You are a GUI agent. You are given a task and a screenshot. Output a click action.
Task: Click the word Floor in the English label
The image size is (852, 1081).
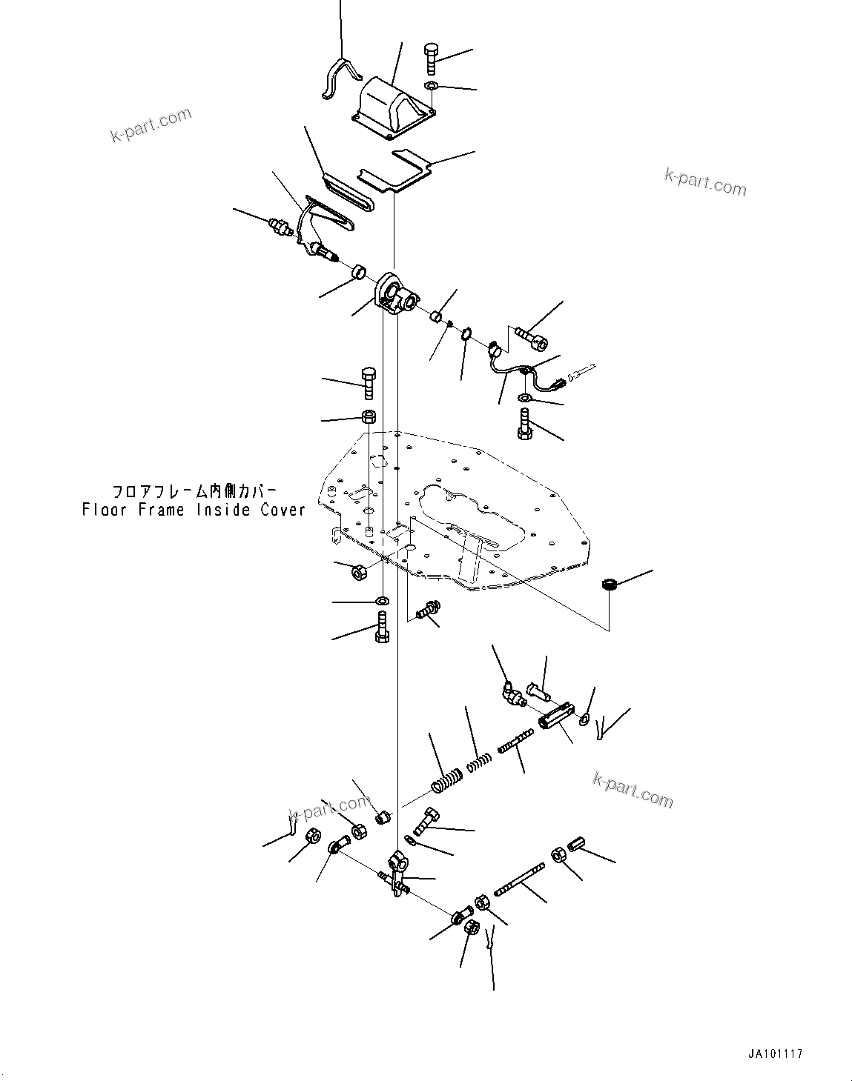105,510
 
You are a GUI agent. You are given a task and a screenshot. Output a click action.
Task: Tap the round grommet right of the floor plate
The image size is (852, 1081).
610,585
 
